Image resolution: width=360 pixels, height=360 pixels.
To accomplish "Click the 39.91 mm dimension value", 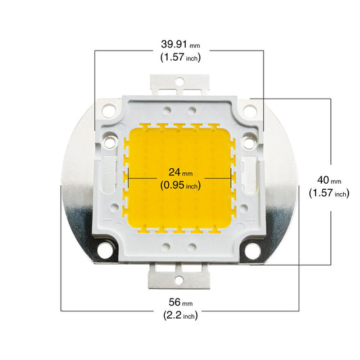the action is [180, 44].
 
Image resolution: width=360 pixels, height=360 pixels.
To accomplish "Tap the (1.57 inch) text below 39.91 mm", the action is [180, 57].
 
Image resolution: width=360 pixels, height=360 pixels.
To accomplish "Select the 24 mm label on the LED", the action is [180, 172].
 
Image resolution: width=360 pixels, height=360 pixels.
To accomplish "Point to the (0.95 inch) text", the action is [180, 185].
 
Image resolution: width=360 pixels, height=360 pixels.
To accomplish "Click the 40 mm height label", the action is [329, 180].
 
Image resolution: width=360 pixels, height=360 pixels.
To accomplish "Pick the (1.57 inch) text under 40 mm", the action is [329, 193].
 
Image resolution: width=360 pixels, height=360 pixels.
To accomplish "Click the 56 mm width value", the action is [180, 302].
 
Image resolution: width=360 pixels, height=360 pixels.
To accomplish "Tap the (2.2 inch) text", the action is [180, 315].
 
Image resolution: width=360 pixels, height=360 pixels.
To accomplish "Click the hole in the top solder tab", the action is [180, 82].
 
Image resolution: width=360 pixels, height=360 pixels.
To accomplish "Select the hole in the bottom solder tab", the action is [179, 280].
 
